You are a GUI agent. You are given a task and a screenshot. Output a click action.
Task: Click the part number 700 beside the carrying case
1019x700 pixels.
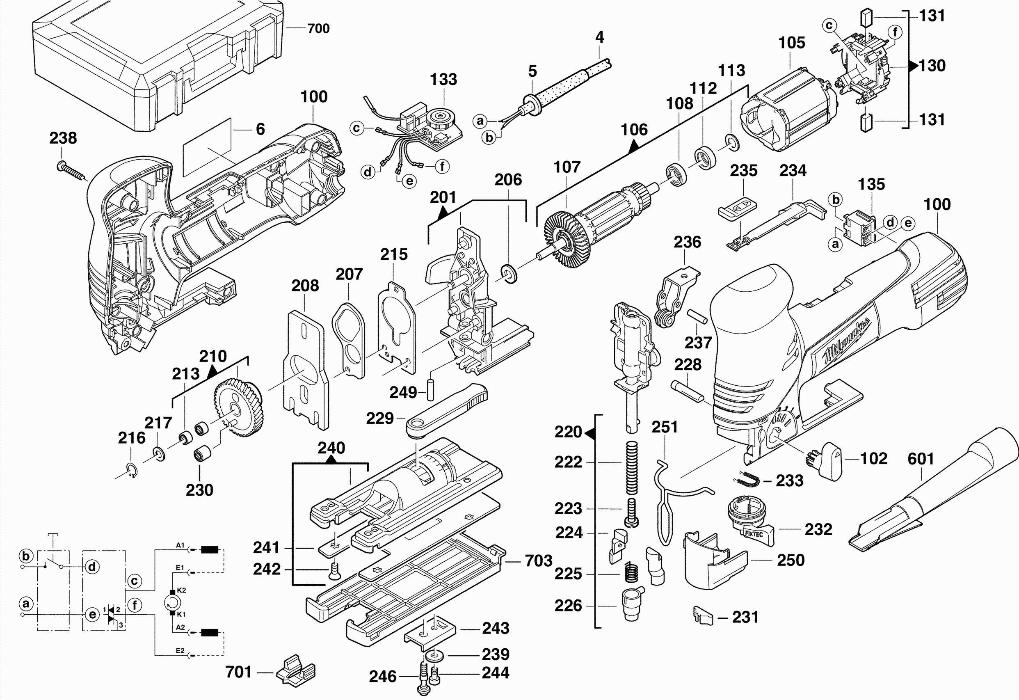point(318,28)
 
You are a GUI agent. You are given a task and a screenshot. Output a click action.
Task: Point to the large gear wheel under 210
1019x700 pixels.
point(239,408)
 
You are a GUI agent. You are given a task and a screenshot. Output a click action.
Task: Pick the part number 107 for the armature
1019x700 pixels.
point(567,167)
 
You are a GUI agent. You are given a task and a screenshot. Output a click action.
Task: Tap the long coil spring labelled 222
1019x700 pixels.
point(631,467)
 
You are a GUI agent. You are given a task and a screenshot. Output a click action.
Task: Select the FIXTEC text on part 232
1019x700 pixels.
point(754,534)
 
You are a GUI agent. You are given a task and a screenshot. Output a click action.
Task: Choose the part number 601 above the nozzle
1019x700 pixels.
point(921,459)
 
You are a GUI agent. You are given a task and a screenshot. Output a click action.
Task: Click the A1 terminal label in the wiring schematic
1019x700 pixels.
point(180,545)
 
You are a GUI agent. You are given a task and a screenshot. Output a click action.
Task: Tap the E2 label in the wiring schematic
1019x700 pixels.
point(180,650)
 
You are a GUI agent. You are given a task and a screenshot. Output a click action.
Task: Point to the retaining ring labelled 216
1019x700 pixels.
point(132,470)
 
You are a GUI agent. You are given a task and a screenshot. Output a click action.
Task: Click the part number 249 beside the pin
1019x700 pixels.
point(403,392)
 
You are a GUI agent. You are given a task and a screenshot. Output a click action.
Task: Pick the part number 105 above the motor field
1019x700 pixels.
point(791,43)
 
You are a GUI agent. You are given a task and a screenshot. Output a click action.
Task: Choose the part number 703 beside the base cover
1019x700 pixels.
point(539,560)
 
